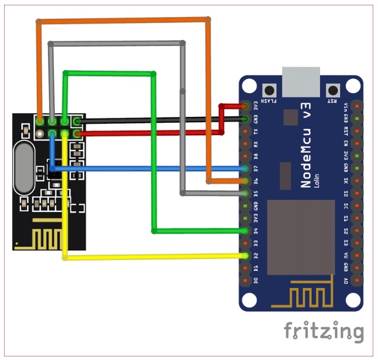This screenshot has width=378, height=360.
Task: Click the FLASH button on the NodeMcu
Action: click(271, 91)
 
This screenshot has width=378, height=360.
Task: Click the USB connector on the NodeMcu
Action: click(301, 81)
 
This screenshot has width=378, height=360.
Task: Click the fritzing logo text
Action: click(323, 331)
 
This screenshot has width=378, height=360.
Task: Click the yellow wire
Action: click(154, 257)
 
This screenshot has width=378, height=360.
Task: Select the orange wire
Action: click(124, 21)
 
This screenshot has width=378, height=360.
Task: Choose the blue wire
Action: click(148, 169)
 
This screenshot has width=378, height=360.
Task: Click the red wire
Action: click(148, 133)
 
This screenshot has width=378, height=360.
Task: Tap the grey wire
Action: click(118, 43)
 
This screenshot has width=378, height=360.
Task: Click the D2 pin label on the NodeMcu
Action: click(255, 256)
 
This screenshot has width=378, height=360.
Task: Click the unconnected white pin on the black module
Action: click(76, 122)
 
